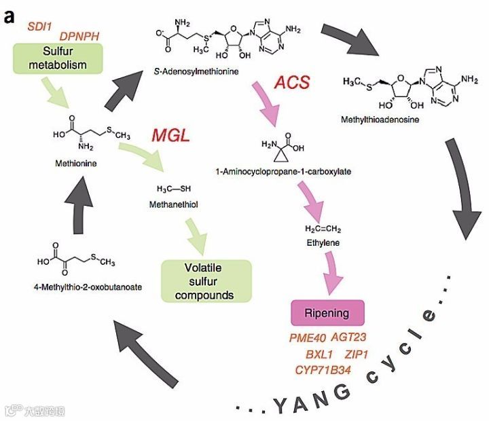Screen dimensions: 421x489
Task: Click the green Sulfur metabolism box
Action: tap(56, 59)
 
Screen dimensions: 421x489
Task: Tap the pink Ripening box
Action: tap(327, 313)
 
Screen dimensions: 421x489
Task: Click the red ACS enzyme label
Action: tap(291, 84)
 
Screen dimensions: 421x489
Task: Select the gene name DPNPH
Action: tap(80, 35)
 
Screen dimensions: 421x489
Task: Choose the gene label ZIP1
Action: tap(357, 354)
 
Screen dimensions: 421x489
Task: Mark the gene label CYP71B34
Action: tap(323, 369)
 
